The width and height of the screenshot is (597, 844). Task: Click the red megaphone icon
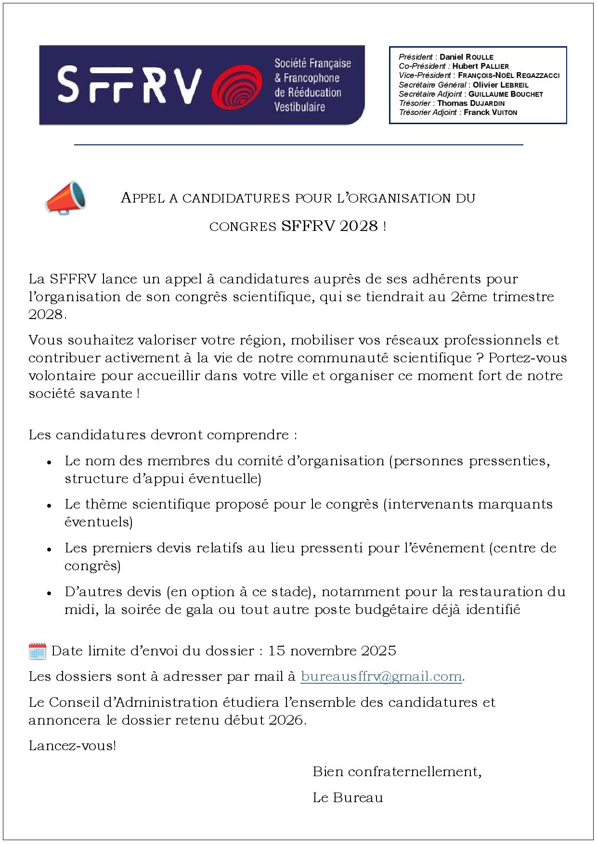(x=65, y=197)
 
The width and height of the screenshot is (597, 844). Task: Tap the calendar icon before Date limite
(x=37, y=651)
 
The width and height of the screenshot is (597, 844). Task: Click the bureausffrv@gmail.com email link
(x=381, y=677)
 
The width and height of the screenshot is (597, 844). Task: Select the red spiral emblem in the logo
(x=236, y=85)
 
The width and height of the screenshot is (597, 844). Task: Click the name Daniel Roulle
(x=466, y=57)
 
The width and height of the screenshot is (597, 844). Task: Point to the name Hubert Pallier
(x=480, y=66)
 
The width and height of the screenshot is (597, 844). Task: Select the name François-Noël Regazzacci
(x=508, y=75)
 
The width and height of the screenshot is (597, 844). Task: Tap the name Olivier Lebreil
(x=500, y=85)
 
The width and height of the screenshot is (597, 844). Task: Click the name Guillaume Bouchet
(x=505, y=94)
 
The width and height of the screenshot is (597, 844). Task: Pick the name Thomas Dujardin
(x=470, y=103)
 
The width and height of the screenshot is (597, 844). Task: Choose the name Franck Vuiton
(x=490, y=112)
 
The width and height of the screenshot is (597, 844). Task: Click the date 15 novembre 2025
(x=332, y=651)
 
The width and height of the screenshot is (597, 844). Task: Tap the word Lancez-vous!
(x=72, y=746)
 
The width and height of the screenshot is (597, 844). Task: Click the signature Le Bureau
(x=348, y=798)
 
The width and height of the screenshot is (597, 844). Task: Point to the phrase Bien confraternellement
(x=397, y=772)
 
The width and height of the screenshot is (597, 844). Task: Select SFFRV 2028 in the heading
(x=330, y=226)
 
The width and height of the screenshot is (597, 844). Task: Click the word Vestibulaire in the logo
(x=299, y=107)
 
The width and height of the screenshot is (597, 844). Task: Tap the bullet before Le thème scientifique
(x=49, y=506)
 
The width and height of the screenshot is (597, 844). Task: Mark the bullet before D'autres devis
(x=49, y=593)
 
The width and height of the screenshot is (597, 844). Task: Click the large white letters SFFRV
(x=129, y=85)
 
